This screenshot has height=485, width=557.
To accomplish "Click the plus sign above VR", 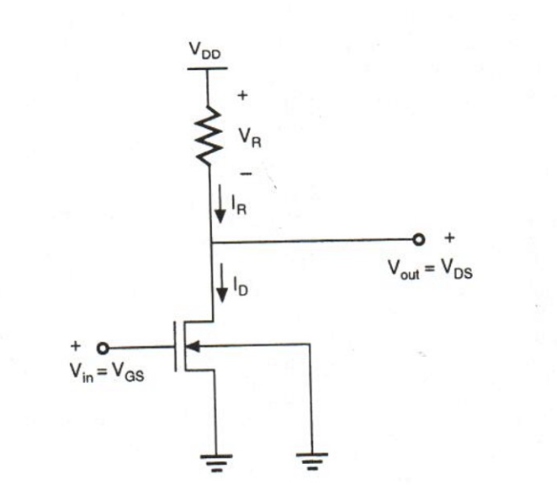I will [243, 96].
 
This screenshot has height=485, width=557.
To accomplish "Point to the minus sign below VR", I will [244, 173].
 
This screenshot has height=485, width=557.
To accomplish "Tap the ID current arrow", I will [220, 286].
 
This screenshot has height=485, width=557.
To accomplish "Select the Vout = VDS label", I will [429, 269].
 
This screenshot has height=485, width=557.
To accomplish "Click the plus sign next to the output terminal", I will [448, 238].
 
